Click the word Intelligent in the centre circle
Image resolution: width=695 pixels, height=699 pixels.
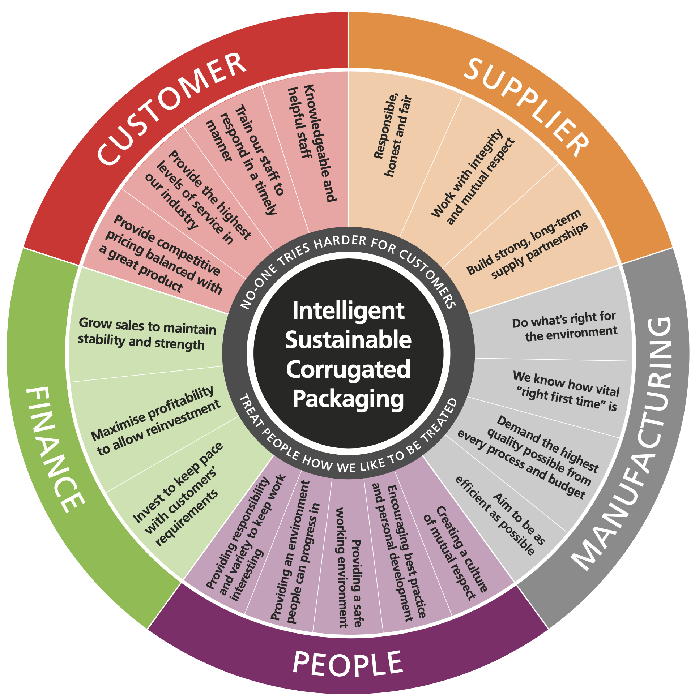click(348, 310)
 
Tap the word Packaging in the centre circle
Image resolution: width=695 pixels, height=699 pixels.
click(348, 399)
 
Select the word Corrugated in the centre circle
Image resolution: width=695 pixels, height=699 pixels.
click(348, 369)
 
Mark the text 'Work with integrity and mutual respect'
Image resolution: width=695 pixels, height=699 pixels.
click(473, 177)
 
